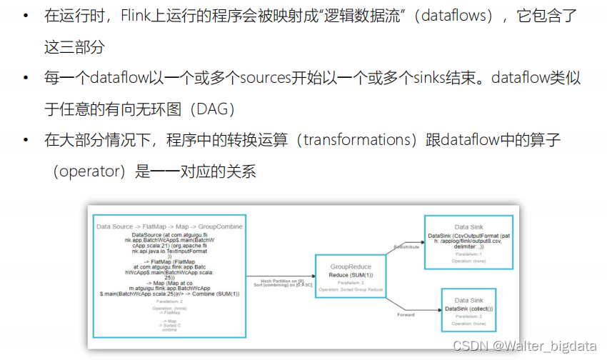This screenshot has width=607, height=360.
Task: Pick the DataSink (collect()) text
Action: (x=468, y=308)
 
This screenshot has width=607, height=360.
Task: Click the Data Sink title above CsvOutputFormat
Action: (x=468, y=226)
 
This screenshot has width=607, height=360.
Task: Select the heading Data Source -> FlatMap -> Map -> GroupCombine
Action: (x=169, y=226)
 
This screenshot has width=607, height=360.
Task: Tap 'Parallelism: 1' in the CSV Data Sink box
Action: (x=468, y=254)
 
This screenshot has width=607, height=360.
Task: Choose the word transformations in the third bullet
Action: (x=353, y=141)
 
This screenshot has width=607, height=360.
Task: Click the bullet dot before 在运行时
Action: (x=26, y=15)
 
